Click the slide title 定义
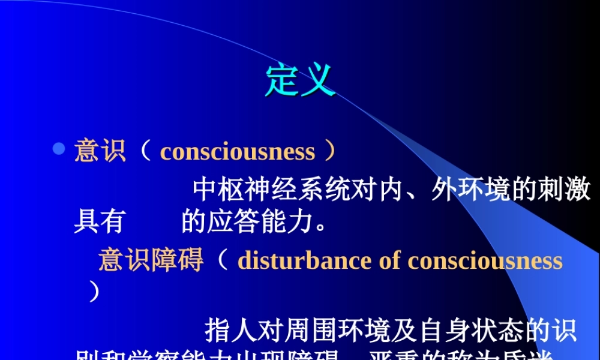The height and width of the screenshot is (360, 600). [x=300, y=80]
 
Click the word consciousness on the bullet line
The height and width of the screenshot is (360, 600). [x=238, y=152]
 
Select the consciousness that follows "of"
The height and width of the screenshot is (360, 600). [x=485, y=260]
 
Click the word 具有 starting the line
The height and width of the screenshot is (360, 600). [x=99, y=222]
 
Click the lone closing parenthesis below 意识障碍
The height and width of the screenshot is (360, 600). [x=93, y=292]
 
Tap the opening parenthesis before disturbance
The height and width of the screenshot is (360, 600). [x=223, y=260]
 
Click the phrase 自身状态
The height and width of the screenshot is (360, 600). [x=469, y=330]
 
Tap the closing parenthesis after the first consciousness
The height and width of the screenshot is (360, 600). [x=329, y=151]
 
